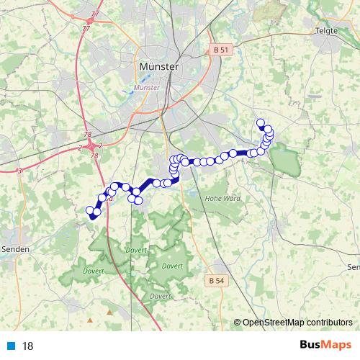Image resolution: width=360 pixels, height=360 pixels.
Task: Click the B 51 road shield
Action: pos(221,50)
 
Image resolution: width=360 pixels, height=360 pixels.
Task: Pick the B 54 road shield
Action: pos(215,279)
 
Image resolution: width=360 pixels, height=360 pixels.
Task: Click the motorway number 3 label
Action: pos(20,170)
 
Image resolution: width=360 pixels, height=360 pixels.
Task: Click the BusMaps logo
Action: pos(326,345)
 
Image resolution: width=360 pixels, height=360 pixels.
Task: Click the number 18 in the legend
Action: pos(28,346)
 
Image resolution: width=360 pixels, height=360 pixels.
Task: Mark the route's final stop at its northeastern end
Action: pos(261,122)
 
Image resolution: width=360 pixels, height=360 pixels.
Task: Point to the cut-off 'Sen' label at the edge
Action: pos(352,267)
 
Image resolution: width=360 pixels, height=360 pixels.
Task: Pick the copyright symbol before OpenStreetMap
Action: pos(237,323)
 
